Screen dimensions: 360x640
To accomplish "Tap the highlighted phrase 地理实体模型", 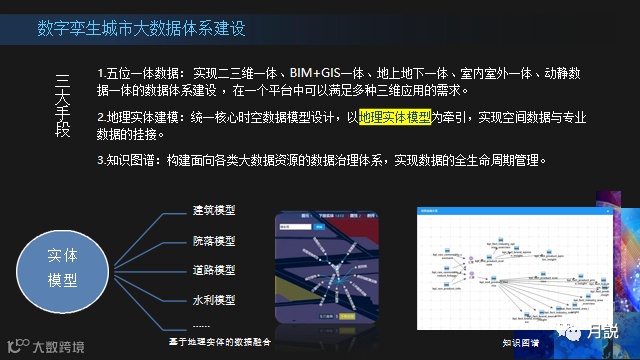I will (396, 117).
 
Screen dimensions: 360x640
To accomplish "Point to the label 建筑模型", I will (214, 210).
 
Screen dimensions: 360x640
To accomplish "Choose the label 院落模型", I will (214, 241).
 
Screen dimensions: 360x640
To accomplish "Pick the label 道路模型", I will (214, 270).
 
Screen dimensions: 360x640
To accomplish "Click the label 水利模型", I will (214, 299).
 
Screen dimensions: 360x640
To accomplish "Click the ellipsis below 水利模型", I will (202, 325).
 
